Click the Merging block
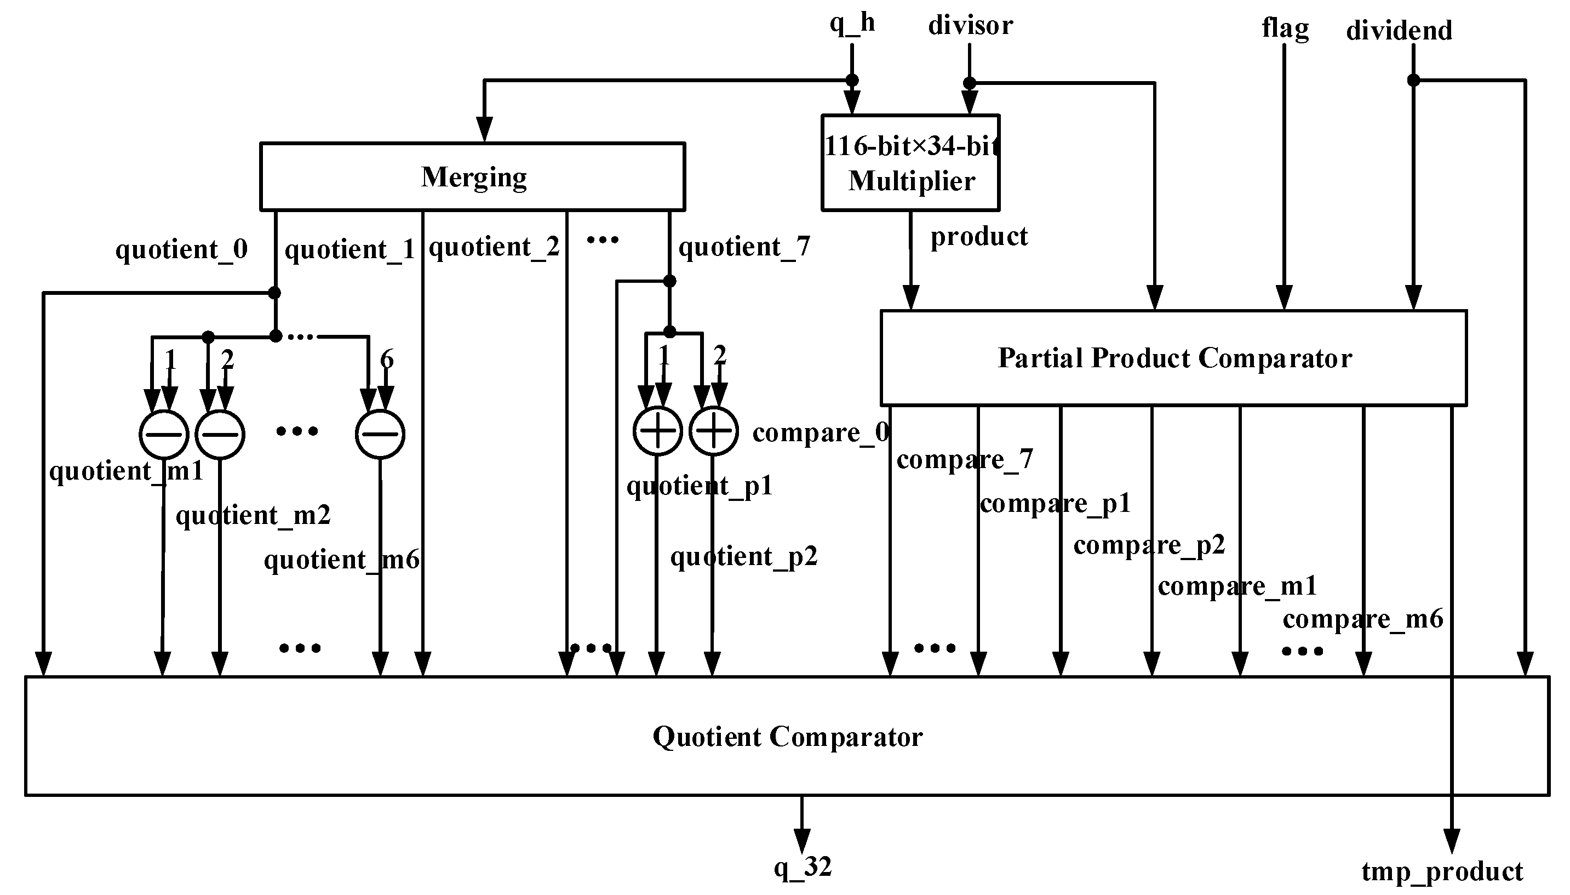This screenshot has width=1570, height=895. coord(472,177)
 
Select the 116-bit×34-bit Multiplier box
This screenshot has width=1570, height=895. coord(910,163)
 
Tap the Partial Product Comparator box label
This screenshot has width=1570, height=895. coord(1174,358)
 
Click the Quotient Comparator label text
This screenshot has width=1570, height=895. coord(787,737)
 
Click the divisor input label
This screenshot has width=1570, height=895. coord(970,26)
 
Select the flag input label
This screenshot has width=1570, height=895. coord(1285,29)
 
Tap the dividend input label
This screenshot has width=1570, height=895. coord(1399,31)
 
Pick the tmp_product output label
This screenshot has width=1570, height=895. coord(1442,871)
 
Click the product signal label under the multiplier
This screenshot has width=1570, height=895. coord(978,237)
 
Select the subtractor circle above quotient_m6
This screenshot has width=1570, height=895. coord(380,434)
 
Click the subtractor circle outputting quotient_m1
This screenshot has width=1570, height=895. coord(164,434)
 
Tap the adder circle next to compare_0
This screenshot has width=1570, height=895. coord(713,431)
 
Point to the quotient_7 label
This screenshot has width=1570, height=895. coord(744,247)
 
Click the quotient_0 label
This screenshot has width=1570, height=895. coord(181,249)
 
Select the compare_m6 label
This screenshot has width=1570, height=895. coord(1362,619)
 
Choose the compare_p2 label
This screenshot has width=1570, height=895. coord(1149,545)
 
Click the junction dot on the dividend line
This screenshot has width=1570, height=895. coord(1413,81)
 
